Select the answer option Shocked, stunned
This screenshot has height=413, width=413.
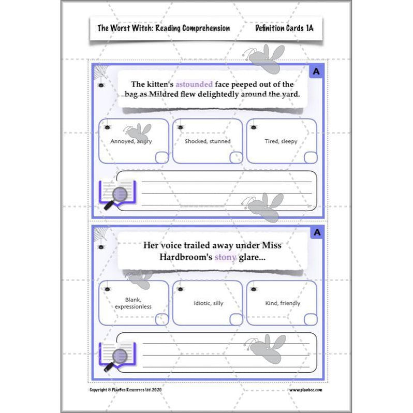click(208, 141)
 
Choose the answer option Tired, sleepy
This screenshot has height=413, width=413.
click(282, 141)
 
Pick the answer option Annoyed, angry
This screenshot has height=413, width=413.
click(131, 141)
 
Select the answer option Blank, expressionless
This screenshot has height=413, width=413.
click(133, 303)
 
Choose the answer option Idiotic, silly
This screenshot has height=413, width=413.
click(208, 303)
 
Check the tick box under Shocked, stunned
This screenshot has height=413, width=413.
click(236, 157)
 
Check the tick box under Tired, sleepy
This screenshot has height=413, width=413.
click(311, 157)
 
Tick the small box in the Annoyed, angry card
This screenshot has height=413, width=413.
click(161, 157)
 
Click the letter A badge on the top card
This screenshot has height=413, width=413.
click(316, 72)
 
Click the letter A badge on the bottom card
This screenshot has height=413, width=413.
click(317, 233)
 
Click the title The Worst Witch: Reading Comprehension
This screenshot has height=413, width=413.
click(164, 28)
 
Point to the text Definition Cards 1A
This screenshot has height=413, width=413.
click(284, 28)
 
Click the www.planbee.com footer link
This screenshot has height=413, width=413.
click(306, 390)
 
